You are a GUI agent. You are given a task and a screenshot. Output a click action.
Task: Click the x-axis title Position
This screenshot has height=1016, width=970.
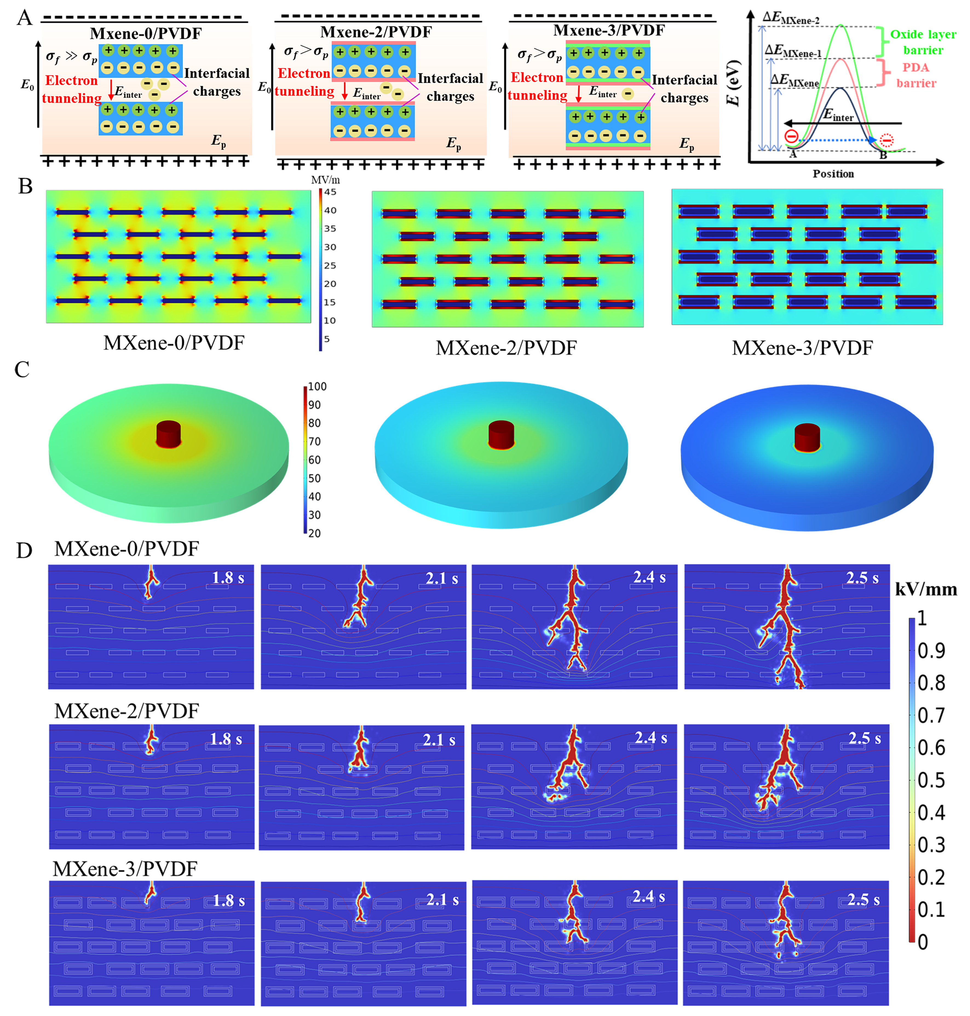click(x=833, y=174)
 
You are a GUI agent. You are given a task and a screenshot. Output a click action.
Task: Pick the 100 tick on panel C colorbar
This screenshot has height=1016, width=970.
click(x=317, y=386)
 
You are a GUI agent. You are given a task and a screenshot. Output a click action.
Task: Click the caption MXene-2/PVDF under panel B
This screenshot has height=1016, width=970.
click(x=506, y=348)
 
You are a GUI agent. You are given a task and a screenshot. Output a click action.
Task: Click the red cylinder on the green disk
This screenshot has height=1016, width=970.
click(x=169, y=433)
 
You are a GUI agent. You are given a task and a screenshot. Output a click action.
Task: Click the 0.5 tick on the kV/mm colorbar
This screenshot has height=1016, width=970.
click(x=931, y=780)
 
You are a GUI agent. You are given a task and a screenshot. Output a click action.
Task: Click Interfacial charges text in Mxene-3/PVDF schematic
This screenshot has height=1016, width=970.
click(x=684, y=88)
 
